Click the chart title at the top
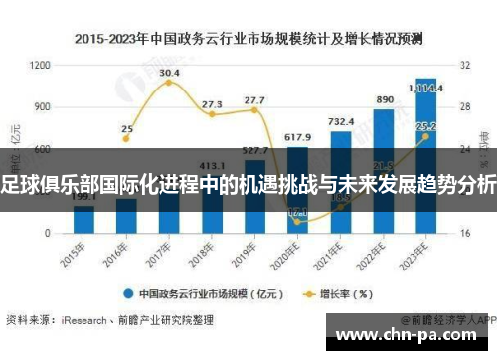point(248,40)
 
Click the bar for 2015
point(84,221)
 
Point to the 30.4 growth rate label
point(169,73)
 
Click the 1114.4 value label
point(426,88)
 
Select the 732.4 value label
point(341,122)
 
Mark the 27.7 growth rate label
point(254,100)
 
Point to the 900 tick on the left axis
point(43,106)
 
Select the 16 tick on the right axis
point(464,234)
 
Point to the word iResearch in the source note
point(83,320)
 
